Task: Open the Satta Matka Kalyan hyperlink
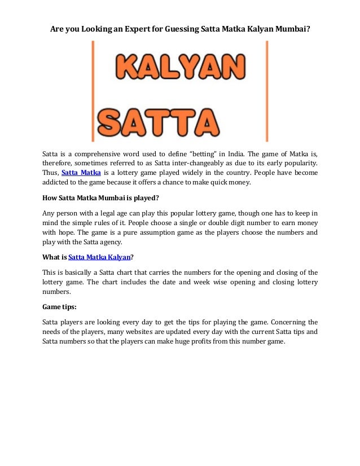tap(99, 258)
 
